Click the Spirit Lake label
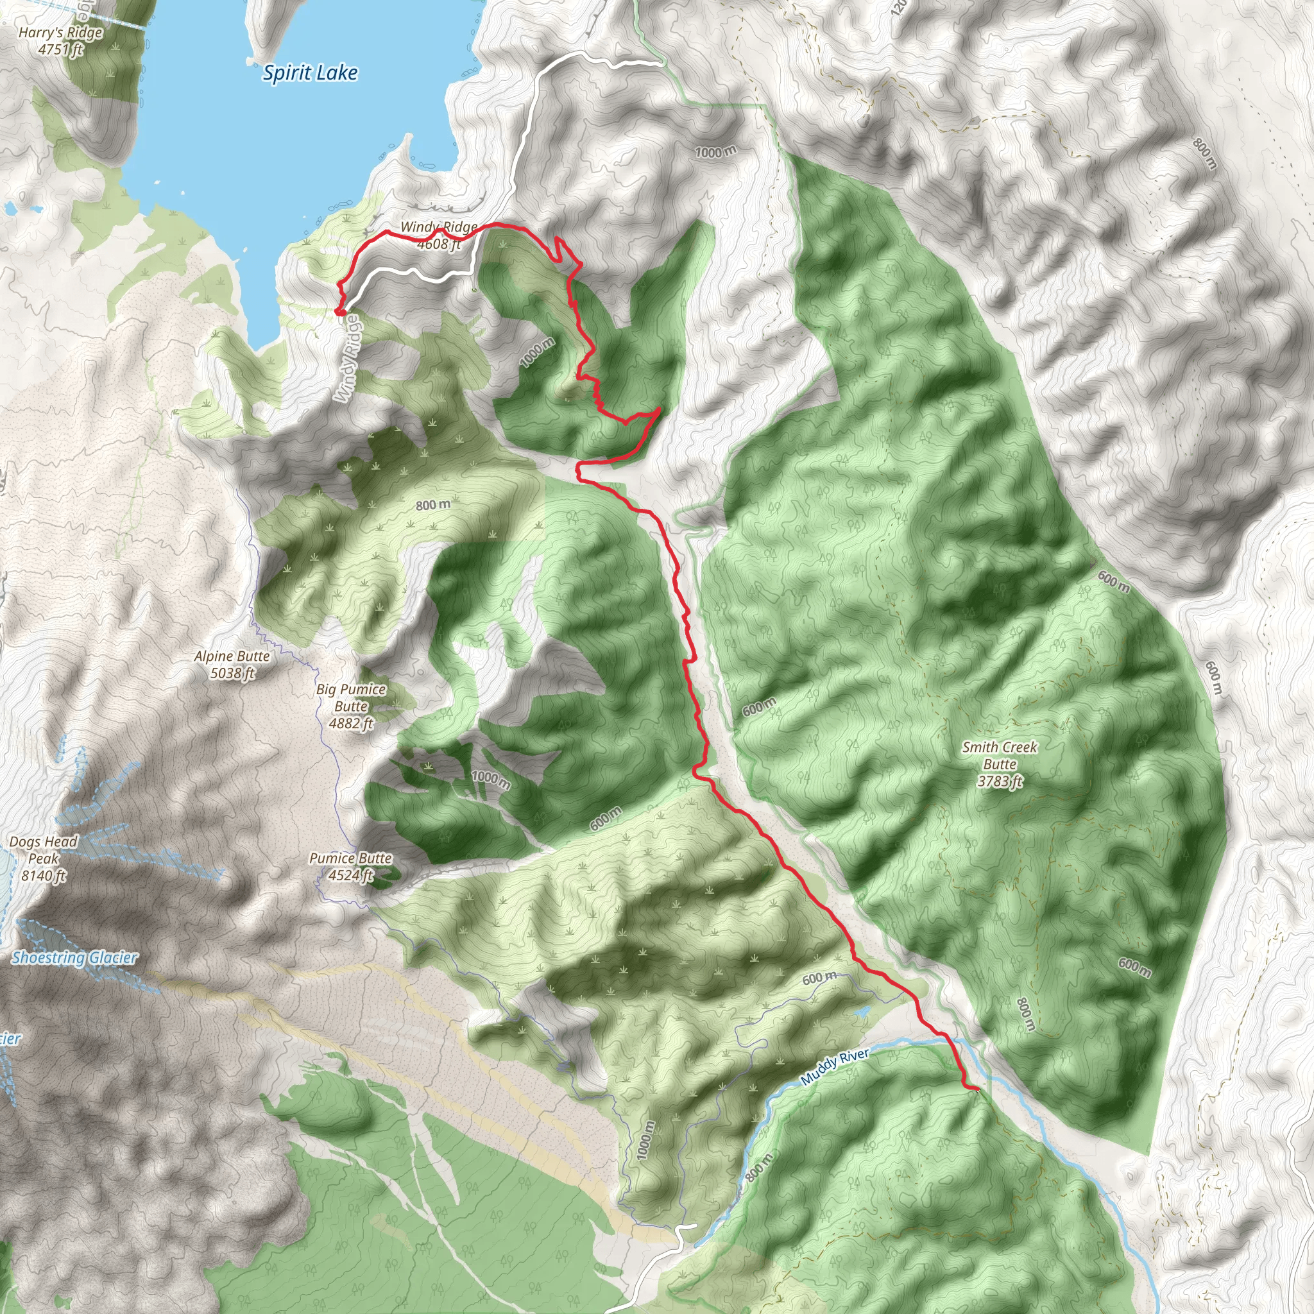(310, 73)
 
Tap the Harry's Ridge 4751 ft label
(60, 41)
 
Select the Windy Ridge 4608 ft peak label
(439, 235)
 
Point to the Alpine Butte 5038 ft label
(232, 665)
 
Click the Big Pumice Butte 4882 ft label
(351, 706)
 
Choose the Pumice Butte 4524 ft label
(350, 866)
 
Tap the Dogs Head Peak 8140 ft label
(44, 858)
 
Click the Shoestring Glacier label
(75, 958)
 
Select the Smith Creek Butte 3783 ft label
(999, 764)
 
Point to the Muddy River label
(835, 1066)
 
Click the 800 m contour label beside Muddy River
(759, 1168)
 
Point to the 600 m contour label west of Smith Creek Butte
(758, 707)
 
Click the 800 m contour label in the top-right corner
(1204, 155)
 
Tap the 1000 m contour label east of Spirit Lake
(715, 151)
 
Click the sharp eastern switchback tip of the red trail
(659, 409)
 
